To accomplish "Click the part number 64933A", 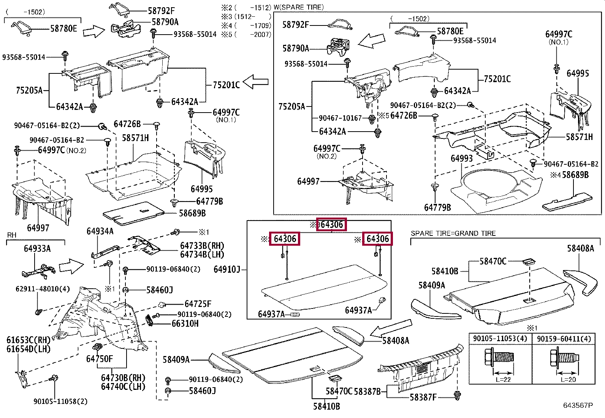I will click(x=37, y=248).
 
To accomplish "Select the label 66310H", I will click(x=185, y=324).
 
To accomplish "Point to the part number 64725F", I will click(x=198, y=304).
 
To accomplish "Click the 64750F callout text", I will click(x=100, y=359).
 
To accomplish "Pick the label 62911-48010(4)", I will click(x=43, y=289).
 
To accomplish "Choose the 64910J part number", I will click(x=227, y=269).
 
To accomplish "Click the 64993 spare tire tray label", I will click(x=462, y=158).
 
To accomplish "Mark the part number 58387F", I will click(x=423, y=397).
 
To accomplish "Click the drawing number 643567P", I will click(x=578, y=405).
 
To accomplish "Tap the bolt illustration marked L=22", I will click(x=499, y=358).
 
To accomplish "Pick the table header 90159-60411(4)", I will click(x=564, y=339).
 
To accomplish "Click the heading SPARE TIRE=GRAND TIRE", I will click(x=453, y=233).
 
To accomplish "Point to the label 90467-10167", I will click(x=340, y=118).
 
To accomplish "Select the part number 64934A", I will click(x=100, y=231).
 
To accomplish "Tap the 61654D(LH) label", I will click(x=29, y=349).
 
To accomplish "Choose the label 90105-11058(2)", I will click(x=60, y=401).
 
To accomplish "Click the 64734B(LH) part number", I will click(x=202, y=254).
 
